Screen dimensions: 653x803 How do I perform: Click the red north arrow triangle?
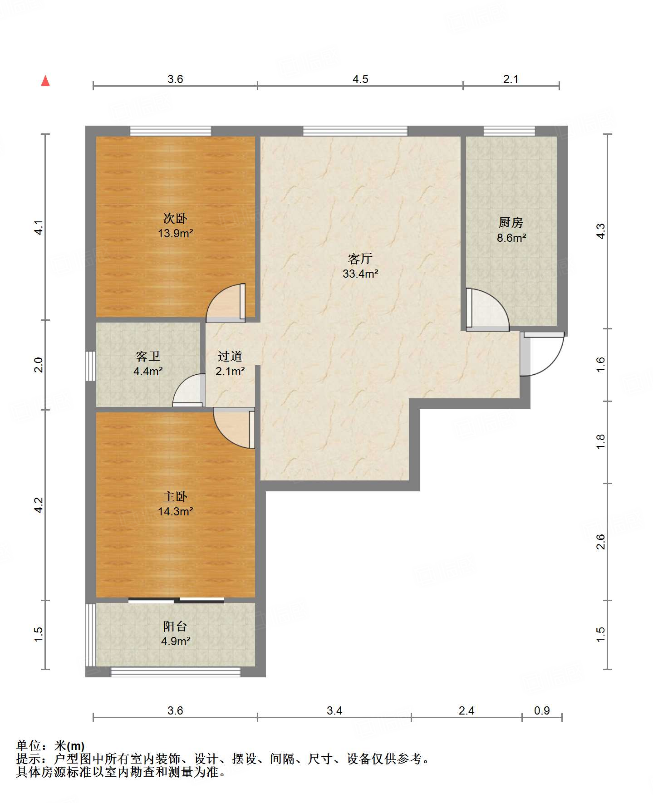tap(45, 81)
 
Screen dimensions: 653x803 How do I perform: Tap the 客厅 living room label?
tap(360, 259)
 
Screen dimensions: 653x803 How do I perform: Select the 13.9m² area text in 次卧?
tap(176, 234)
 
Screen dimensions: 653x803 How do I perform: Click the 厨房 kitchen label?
tap(511, 222)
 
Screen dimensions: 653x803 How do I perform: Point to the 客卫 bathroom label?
tap(148, 357)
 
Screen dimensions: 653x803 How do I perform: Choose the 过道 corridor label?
tap(230, 357)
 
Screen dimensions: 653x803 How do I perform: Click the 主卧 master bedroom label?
tap(175, 497)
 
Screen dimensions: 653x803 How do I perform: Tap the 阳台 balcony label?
tap(175, 627)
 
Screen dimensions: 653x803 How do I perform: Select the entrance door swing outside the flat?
tap(543, 354)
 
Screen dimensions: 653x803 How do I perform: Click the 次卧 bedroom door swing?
tap(226, 303)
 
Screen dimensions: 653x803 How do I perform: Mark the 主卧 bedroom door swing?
tap(234, 428)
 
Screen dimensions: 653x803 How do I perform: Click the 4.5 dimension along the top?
tap(360, 79)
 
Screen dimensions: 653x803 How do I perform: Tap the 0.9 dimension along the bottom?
tap(542, 710)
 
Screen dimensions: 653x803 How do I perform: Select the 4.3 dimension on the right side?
tap(600, 231)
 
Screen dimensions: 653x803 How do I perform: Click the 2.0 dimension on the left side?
tap(39, 365)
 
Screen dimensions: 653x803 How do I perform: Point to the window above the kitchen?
tap(509, 131)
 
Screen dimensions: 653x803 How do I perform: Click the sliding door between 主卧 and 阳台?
tap(176, 600)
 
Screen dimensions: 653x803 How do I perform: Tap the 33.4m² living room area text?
tap(360, 274)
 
